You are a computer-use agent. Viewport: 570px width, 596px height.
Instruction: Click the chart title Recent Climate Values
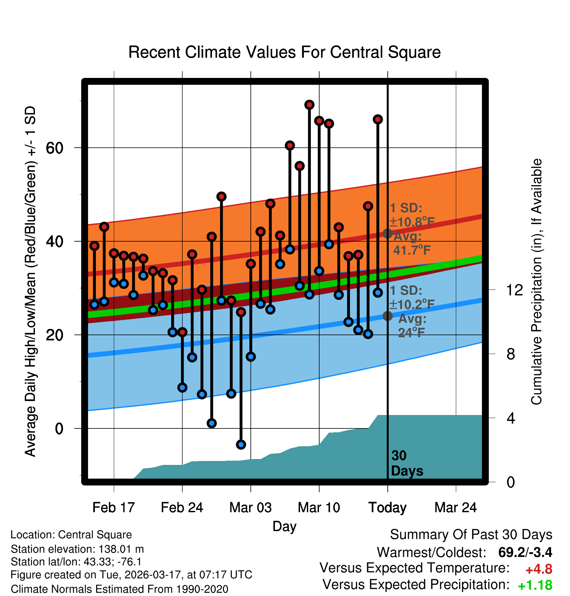coord(284,52)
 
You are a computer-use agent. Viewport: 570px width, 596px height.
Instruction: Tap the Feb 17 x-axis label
coord(113,507)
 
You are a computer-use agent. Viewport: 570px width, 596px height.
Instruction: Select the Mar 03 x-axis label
coord(250,507)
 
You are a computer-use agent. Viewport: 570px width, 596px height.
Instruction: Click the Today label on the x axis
coord(387,507)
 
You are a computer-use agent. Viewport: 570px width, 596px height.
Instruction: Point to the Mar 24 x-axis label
coord(456,507)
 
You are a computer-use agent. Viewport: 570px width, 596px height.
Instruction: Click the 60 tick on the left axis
coord(54,148)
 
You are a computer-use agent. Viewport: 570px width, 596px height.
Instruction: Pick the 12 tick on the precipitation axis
coord(514,290)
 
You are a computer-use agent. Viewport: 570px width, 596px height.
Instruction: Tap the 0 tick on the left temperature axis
coord(59,428)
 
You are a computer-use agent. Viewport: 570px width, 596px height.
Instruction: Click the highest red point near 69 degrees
coord(309,105)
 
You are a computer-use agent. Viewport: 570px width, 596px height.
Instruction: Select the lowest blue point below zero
coord(241,444)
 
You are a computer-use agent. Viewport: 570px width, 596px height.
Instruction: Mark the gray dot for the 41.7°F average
coord(387,233)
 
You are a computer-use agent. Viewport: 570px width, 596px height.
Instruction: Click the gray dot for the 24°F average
coord(387,316)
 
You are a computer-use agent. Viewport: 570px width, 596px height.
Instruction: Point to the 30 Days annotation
coord(407,463)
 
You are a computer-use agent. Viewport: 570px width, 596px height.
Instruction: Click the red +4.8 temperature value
coord(539,569)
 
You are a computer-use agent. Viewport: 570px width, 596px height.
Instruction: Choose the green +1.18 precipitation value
coord(535,586)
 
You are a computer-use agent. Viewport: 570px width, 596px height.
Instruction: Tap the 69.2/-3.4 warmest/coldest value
coord(525,552)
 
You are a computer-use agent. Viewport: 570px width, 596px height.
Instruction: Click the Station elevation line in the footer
coord(77,549)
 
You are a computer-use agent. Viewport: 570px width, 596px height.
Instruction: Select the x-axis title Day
coord(284,526)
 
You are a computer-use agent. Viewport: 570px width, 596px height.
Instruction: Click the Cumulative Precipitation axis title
coord(536,282)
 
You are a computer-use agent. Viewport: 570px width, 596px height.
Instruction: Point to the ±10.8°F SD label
coord(412,222)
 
